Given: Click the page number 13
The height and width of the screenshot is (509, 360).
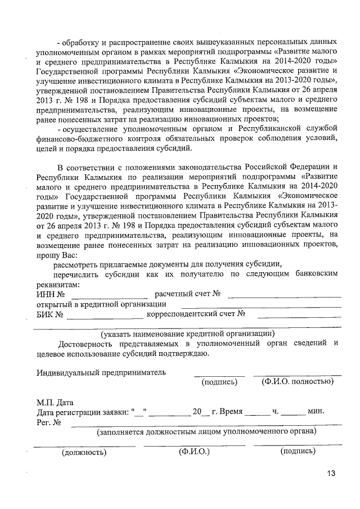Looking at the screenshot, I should tap(330, 473).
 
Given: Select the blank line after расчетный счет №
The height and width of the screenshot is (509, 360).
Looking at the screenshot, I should tap(284, 295).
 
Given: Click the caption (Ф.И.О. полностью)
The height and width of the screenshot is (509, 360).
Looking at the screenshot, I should tap(298, 382).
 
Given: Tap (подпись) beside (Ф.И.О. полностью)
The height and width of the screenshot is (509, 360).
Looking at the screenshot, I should tap(219, 382).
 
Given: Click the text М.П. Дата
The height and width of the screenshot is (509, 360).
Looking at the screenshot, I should tap(55, 402).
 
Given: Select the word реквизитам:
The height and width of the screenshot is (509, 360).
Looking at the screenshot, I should tap(58, 284).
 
